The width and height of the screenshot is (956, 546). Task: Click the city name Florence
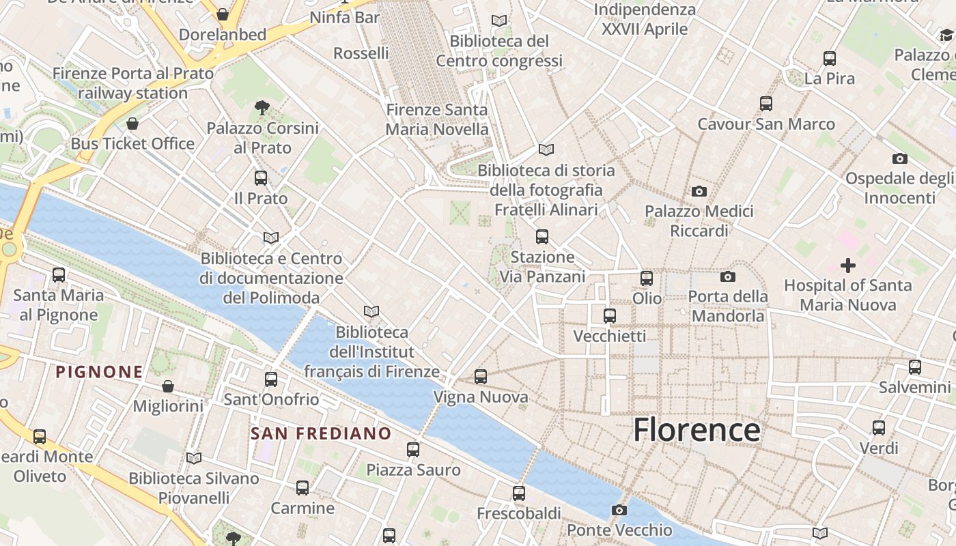click(697, 430)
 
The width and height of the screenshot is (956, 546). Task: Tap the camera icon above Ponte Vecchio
click(619, 510)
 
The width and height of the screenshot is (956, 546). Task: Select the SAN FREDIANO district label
click(321, 433)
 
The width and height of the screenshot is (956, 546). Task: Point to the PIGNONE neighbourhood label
click(100, 372)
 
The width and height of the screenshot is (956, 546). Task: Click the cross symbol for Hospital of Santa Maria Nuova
click(848, 265)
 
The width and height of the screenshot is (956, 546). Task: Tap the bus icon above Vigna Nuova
click(481, 376)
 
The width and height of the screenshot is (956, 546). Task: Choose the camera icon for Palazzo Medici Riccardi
click(699, 191)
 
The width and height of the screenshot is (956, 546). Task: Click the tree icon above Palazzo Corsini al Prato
click(262, 107)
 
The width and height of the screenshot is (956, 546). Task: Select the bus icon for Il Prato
click(261, 178)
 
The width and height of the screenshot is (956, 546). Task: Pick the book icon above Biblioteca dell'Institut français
click(371, 312)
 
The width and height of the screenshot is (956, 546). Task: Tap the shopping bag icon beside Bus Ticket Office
click(132, 124)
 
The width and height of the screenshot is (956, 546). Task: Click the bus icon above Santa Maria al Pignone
click(59, 275)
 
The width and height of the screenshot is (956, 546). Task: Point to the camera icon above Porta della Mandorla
click(728, 276)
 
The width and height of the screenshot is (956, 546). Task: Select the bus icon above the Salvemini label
click(915, 367)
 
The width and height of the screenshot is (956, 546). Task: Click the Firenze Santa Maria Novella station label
click(437, 119)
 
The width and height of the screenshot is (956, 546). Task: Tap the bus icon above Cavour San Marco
click(766, 104)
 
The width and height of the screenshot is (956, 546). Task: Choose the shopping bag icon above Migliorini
click(168, 386)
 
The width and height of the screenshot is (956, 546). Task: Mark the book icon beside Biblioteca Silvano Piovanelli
click(194, 458)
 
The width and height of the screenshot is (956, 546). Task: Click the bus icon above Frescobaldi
click(519, 493)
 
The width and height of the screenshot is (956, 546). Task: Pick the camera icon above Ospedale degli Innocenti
click(900, 158)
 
